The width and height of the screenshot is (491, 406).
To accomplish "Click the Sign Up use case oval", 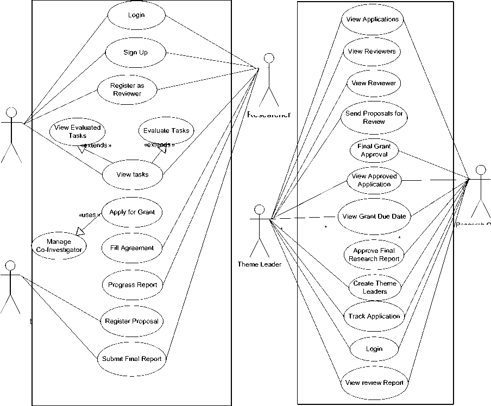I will point(135,53).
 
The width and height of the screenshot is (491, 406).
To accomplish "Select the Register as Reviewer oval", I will point(127,90).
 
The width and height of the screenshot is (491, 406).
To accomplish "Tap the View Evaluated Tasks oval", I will point(78,132).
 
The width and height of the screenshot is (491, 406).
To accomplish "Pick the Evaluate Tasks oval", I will point(166,130).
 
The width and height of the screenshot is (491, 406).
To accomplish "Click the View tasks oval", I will point(133,175).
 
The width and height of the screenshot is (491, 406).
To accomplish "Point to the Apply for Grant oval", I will point(132,212).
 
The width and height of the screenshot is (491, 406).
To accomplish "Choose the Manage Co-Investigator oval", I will point(59,246).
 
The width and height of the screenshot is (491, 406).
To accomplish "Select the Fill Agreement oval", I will point(128,248).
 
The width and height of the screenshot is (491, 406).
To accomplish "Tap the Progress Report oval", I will point(133,284).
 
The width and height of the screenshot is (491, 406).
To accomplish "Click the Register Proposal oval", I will point(132,321).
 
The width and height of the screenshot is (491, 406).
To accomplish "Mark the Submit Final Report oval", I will point(133,359).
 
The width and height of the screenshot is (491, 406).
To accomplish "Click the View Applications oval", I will point(373,20).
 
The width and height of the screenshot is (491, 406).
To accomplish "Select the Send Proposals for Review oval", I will point(374,117).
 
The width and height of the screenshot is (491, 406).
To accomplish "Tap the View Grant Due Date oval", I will point(374,217).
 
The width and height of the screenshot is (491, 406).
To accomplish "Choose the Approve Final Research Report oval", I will point(374,255).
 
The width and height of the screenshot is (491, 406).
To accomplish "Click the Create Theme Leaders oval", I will point(374,288).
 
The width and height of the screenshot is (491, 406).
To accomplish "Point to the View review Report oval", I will point(374,382).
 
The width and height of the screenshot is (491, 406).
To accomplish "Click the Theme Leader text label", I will point(260,264).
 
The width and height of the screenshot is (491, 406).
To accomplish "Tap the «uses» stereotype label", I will point(90,215).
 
